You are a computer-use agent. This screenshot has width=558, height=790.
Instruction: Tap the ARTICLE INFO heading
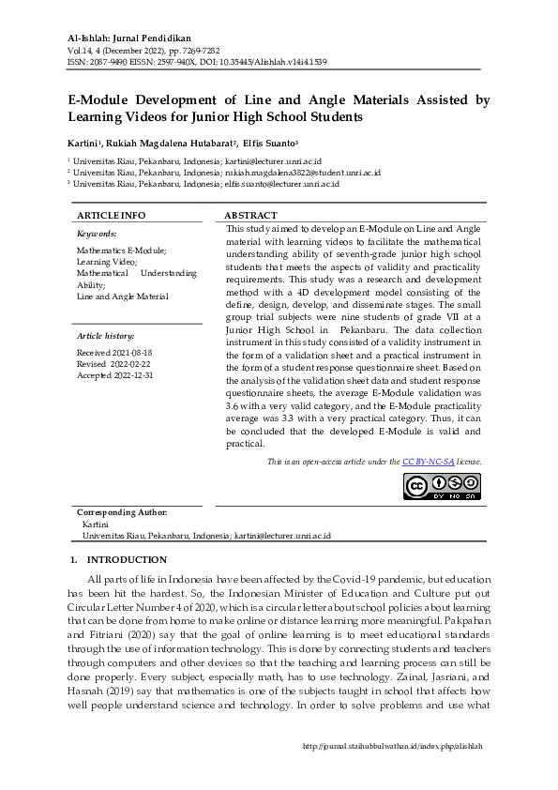coord(111,215)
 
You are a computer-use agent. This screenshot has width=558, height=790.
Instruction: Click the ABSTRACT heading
coord(251,215)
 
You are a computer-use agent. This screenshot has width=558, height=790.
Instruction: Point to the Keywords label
coord(97,233)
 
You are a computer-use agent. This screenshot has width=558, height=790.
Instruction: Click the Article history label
coord(105,335)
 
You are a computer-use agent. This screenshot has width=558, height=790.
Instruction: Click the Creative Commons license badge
coord(443,486)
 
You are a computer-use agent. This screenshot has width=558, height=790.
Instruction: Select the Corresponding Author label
coord(122,512)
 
